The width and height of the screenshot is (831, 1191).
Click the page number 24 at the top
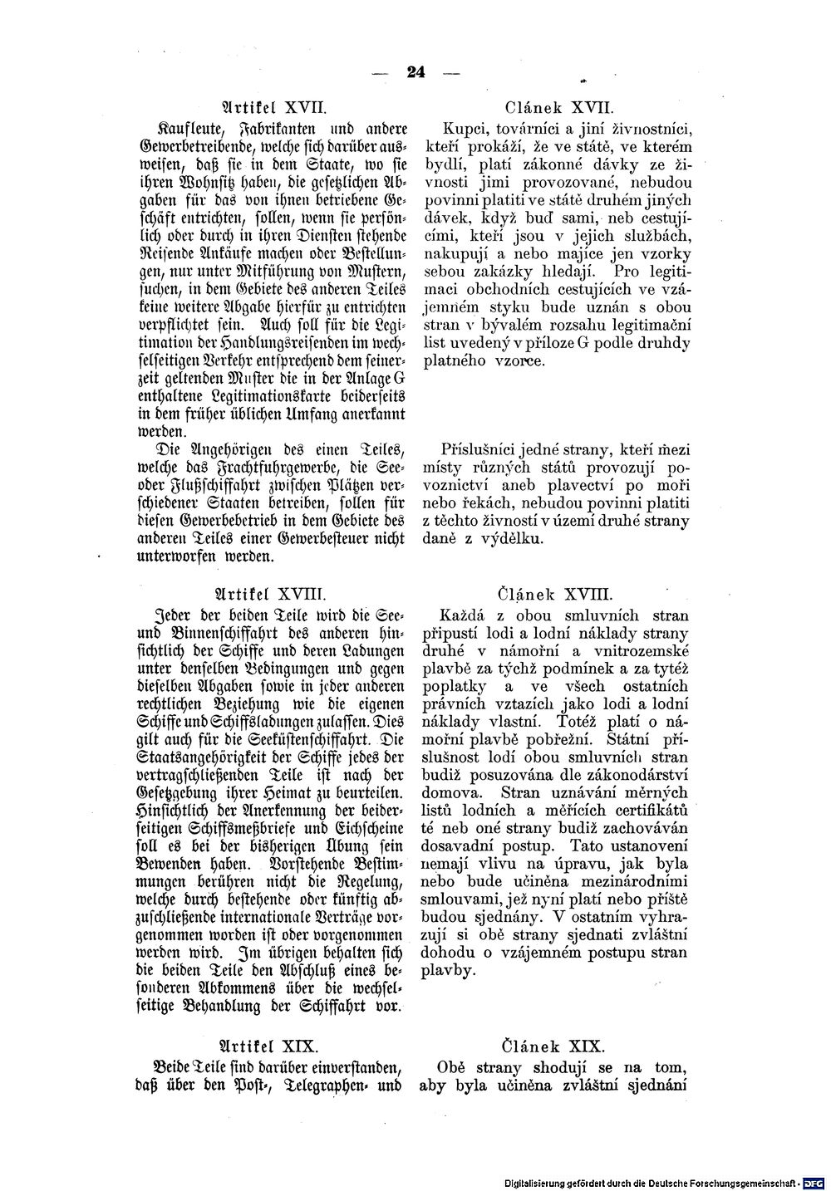[415, 71]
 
